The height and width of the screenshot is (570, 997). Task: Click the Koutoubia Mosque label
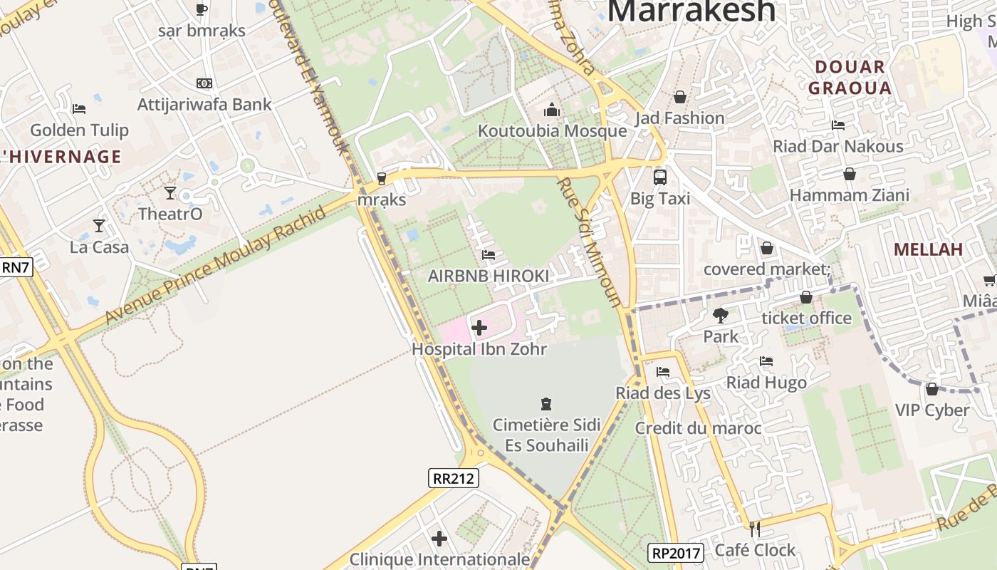tap(552, 131)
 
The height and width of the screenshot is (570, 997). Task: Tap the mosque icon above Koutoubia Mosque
tap(552, 110)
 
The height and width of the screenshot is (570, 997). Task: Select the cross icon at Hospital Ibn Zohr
tap(479, 328)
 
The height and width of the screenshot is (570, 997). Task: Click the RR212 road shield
tap(454, 478)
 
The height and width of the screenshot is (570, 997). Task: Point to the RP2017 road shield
tap(676, 552)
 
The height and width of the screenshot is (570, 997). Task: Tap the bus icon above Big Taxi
tap(660, 177)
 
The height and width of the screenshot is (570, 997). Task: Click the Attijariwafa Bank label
tap(204, 105)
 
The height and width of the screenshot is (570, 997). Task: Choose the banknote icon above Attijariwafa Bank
tap(204, 83)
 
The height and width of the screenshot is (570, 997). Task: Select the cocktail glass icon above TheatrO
tap(170, 192)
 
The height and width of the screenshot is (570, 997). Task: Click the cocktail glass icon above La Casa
tap(99, 226)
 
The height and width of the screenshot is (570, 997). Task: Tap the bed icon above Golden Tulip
tap(79, 109)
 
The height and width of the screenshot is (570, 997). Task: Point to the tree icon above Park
tap(721, 315)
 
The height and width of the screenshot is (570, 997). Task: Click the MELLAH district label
tap(928, 249)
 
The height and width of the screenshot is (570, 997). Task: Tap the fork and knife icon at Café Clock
tap(755, 529)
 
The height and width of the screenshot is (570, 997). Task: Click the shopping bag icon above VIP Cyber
tap(931, 389)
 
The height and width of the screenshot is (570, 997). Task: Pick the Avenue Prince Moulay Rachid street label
tap(216, 265)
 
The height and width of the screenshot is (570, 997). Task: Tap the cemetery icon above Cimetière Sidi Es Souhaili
tap(546, 404)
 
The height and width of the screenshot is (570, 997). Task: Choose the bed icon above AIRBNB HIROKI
tap(488, 254)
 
